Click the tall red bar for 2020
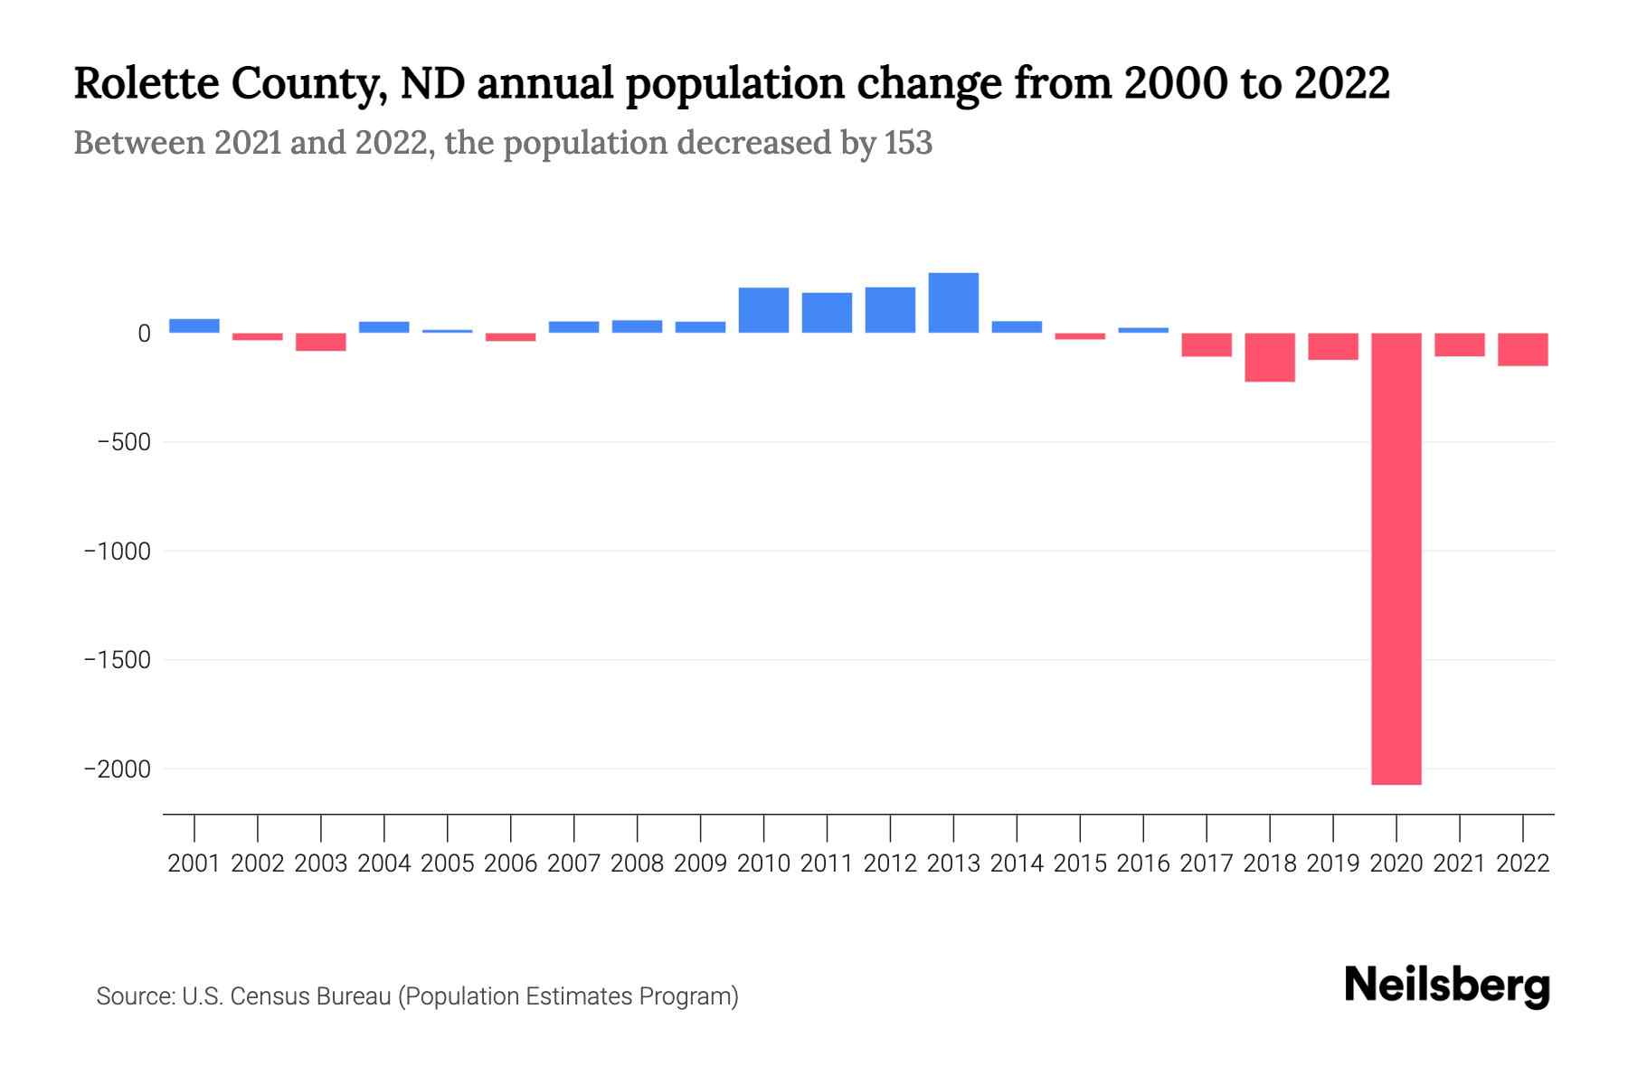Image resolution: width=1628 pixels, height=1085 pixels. click(x=1396, y=559)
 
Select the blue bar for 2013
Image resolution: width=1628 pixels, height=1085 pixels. click(x=953, y=303)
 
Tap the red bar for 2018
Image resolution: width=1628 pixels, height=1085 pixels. click(x=1269, y=357)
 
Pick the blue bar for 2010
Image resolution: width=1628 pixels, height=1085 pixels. click(x=763, y=310)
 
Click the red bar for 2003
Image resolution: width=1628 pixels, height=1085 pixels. click(x=321, y=342)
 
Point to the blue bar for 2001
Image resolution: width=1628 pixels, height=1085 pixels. click(x=194, y=325)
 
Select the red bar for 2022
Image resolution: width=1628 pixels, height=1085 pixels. click(x=1522, y=349)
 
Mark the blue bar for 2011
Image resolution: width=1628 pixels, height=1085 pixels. click(x=827, y=313)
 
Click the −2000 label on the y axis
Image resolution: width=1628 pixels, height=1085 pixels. click(x=118, y=769)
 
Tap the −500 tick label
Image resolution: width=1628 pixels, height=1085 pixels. click(x=124, y=443)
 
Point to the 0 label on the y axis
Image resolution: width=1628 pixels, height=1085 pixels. click(x=144, y=334)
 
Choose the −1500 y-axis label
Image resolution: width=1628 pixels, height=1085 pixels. click(x=118, y=660)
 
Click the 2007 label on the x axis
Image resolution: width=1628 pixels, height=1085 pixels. click(x=573, y=863)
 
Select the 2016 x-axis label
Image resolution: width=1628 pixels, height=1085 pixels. click(x=1143, y=863)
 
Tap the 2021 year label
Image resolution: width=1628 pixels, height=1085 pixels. click(x=1459, y=863)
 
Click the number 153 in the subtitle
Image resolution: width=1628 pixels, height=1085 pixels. click(x=908, y=143)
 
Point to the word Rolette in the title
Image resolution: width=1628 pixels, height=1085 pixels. click(x=146, y=83)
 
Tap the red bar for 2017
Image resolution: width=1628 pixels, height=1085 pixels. click(x=1206, y=344)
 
